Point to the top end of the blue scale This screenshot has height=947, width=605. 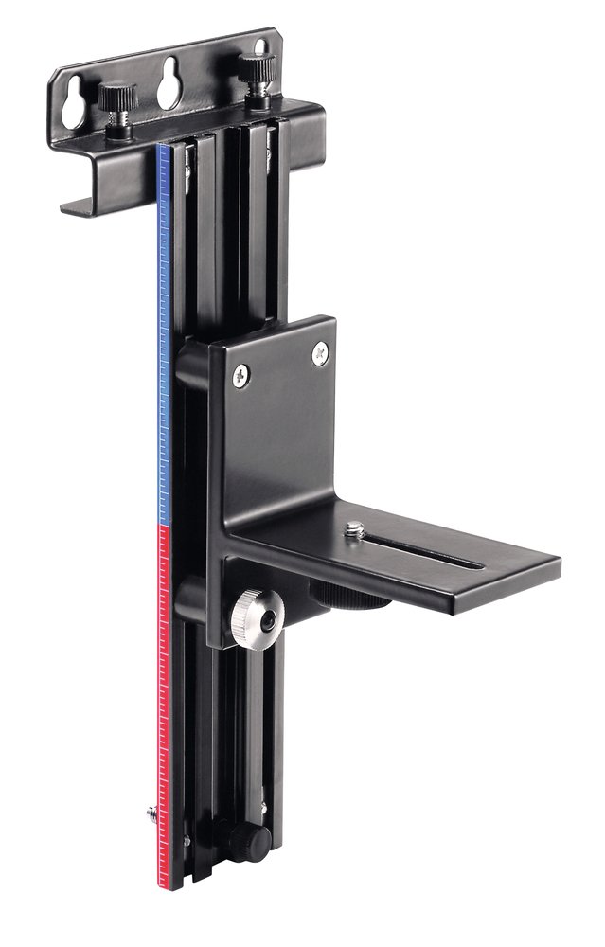pyautogui.click(x=163, y=148)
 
